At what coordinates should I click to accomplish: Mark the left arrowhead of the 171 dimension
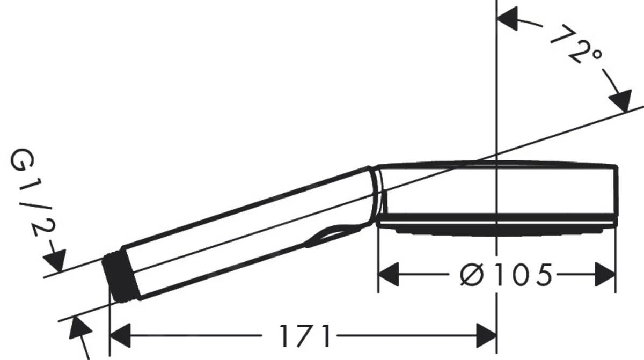point(121,336)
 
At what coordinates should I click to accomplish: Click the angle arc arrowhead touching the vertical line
point(510,19)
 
